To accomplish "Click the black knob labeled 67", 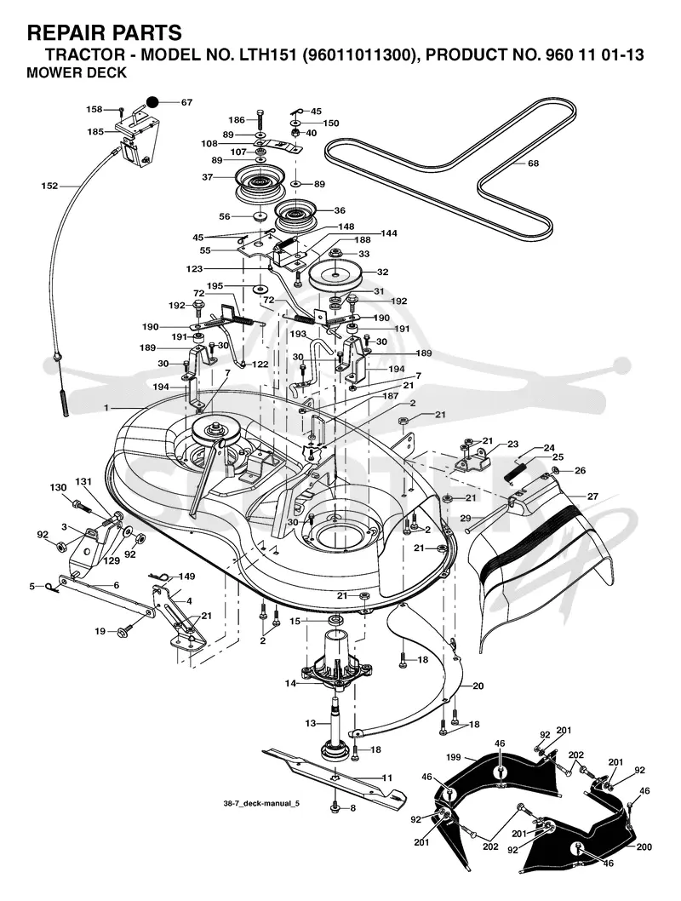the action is click(x=152, y=102).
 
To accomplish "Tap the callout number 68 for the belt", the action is click(x=533, y=164).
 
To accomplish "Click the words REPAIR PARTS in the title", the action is click(x=105, y=32).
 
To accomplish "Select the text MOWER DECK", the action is click(x=77, y=73).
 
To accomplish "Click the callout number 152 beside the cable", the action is click(x=49, y=187).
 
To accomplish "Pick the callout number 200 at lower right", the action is click(x=644, y=847).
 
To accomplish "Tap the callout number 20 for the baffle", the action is click(x=478, y=686).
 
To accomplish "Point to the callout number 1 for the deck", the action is click(x=106, y=407).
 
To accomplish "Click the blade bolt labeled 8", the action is click(x=335, y=807).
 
